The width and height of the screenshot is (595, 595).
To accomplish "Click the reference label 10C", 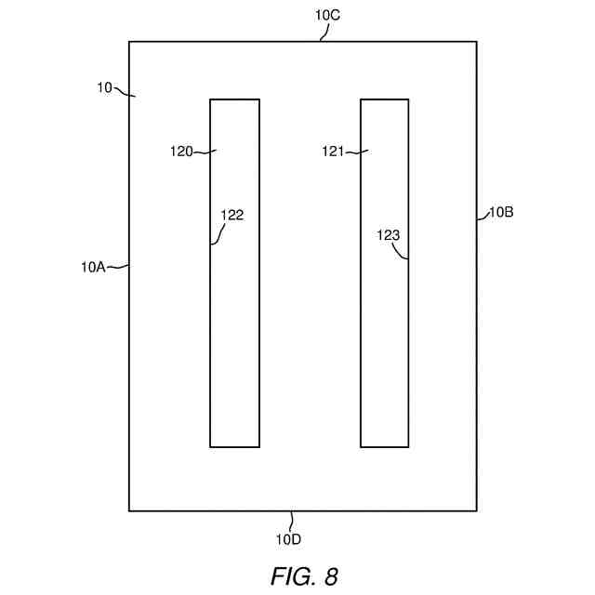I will point(328,16).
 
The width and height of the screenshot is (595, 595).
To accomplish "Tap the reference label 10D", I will point(288,538).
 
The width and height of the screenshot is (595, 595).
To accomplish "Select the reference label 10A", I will point(93,267).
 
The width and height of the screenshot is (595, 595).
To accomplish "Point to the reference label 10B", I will point(501,211).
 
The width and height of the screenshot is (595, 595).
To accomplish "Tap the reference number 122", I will point(231,215).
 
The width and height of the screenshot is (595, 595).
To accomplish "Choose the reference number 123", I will point(388,235).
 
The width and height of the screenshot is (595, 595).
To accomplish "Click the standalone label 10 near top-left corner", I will point(104,87).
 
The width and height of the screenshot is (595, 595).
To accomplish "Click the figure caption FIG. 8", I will point(304,575).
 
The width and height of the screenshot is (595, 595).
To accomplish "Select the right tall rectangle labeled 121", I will point(384,353).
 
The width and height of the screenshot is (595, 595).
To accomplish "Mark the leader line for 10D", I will point(291,521).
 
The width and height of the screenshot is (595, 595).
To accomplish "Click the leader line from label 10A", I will point(117,268).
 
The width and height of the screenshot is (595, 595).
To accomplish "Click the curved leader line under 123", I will point(403,252).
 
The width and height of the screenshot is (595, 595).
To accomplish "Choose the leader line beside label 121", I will point(358,152).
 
